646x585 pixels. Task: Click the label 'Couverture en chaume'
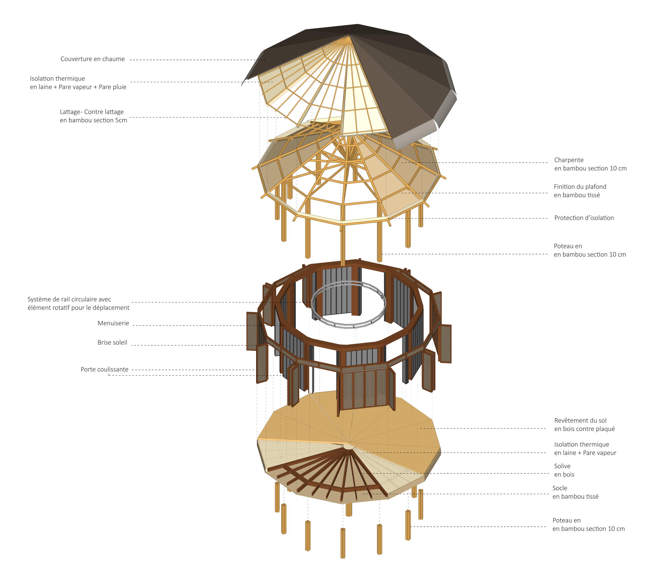tap(93, 59)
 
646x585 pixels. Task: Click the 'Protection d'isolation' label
tap(584, 218)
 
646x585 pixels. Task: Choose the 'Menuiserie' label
tap(113, 323)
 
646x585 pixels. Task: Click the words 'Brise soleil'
tap(112, 343)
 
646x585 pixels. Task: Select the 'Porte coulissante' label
tap(105, 369)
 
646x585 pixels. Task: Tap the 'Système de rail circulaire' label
tap(79, 303)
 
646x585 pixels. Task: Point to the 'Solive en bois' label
tap(564, 470)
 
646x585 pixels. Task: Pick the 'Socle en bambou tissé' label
tap(575, 492)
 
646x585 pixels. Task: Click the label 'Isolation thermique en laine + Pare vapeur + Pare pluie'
tap(78, 83)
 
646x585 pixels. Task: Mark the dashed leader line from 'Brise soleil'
tap(192, 345)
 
